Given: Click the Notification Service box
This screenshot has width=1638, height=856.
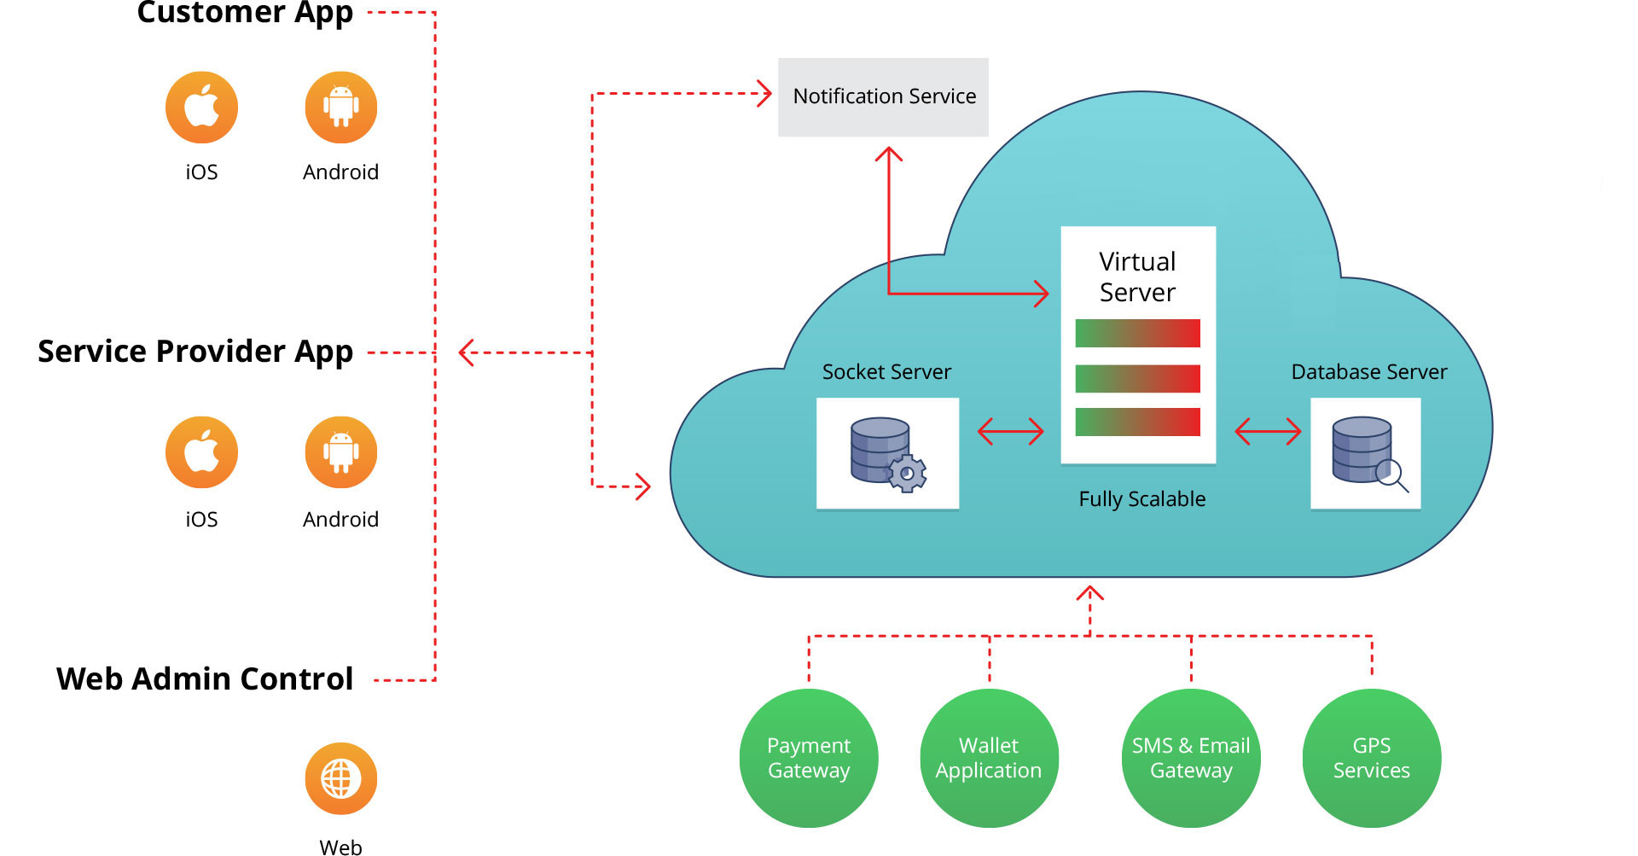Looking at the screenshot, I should (883, 97).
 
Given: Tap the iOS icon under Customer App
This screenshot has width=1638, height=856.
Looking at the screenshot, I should (201, 108).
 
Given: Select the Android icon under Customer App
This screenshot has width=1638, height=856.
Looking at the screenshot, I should (341, 108).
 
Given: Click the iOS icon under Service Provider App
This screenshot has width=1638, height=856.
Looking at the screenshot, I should (201, 452).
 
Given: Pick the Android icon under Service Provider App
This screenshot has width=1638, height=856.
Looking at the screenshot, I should (341, 452).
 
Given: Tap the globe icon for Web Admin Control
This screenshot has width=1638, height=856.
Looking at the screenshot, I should (341, 778).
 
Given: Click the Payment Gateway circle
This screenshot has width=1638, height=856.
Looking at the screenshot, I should (809, 758).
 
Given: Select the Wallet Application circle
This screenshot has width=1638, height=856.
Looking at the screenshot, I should (989, 758).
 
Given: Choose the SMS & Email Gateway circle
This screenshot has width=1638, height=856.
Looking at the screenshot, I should (1191, 758).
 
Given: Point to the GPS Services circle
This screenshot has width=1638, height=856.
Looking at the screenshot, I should (1372, 758).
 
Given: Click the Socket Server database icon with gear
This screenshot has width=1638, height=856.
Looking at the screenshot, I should (887, 453).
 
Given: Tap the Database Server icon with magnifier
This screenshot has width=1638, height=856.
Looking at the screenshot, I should (1366, 453).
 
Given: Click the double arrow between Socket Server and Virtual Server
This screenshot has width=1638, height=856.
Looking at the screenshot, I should (1011, 432).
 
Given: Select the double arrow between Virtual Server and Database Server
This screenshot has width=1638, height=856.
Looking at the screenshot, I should (1268, 432).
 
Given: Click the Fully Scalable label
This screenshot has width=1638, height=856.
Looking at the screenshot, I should (1142, 499).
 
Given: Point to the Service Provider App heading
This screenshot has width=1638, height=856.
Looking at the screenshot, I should (195, 352).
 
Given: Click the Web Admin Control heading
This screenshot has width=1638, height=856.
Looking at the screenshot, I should (205, 679).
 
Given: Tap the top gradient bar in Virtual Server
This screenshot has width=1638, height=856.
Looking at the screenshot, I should (1137, 334).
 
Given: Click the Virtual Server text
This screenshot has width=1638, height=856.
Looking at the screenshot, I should (1137, 277).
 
